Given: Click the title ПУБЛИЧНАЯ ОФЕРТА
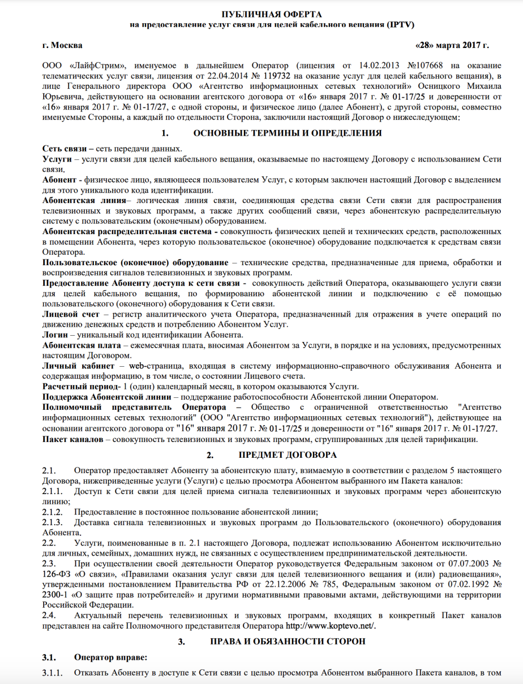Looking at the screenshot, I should [x=271, y=14].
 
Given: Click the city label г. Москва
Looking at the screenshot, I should [x=62, y=45].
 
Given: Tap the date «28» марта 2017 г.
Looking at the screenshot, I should [x=452, y=45].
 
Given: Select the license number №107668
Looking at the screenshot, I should [x=425, y=66].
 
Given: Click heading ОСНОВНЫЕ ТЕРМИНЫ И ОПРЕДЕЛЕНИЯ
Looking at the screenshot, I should [x=287, y=133].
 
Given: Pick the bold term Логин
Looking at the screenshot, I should [x=55, y=335].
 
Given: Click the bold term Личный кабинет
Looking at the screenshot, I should [x=78, y=366].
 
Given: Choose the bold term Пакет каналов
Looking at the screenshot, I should [x=73, y=439].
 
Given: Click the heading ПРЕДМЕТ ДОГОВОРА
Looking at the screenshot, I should [x=288, y=455].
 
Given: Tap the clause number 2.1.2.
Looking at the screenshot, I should [x=52, y=512].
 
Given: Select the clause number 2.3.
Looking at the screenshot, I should [x=49, y=564].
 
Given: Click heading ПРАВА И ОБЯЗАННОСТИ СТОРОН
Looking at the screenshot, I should [x=288, y=641].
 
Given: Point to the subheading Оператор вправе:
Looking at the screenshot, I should [x=111, y=657].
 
